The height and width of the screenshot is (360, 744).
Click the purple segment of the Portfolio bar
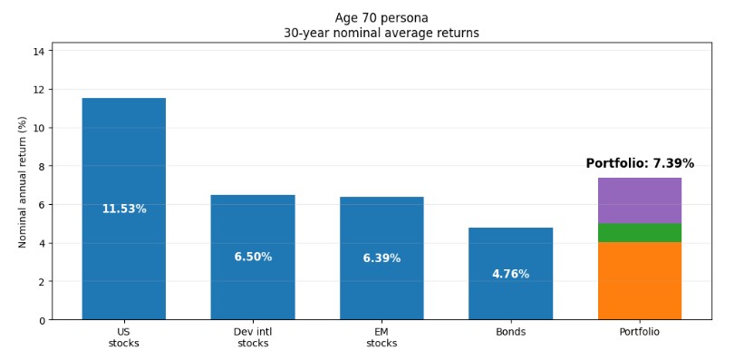click(x=639, y=200)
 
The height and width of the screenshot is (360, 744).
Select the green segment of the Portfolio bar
click(x=639, y=233)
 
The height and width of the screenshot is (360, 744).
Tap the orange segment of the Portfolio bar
click(x=639, y=281)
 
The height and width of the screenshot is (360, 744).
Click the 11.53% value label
click(x=123, y=209)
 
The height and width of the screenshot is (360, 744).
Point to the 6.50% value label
click(x=253, y=258)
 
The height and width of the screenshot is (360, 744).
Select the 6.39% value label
click(x=382, y=258)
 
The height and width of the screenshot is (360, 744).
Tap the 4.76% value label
click(x=510, y=275)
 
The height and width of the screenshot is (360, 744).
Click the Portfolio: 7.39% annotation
click(x=640, y=164)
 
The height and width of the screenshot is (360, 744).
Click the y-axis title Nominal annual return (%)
click(x=24, y=181)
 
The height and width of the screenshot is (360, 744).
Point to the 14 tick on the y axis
click(x=39, y=52)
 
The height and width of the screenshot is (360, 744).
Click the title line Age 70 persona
click(x=382, y=18)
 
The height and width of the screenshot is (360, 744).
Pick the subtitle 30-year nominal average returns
click(x=382, y=34)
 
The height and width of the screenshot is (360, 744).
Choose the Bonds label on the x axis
click(x=510, y=332)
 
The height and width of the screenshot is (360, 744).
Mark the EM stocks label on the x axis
click(x=382, y=337)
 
